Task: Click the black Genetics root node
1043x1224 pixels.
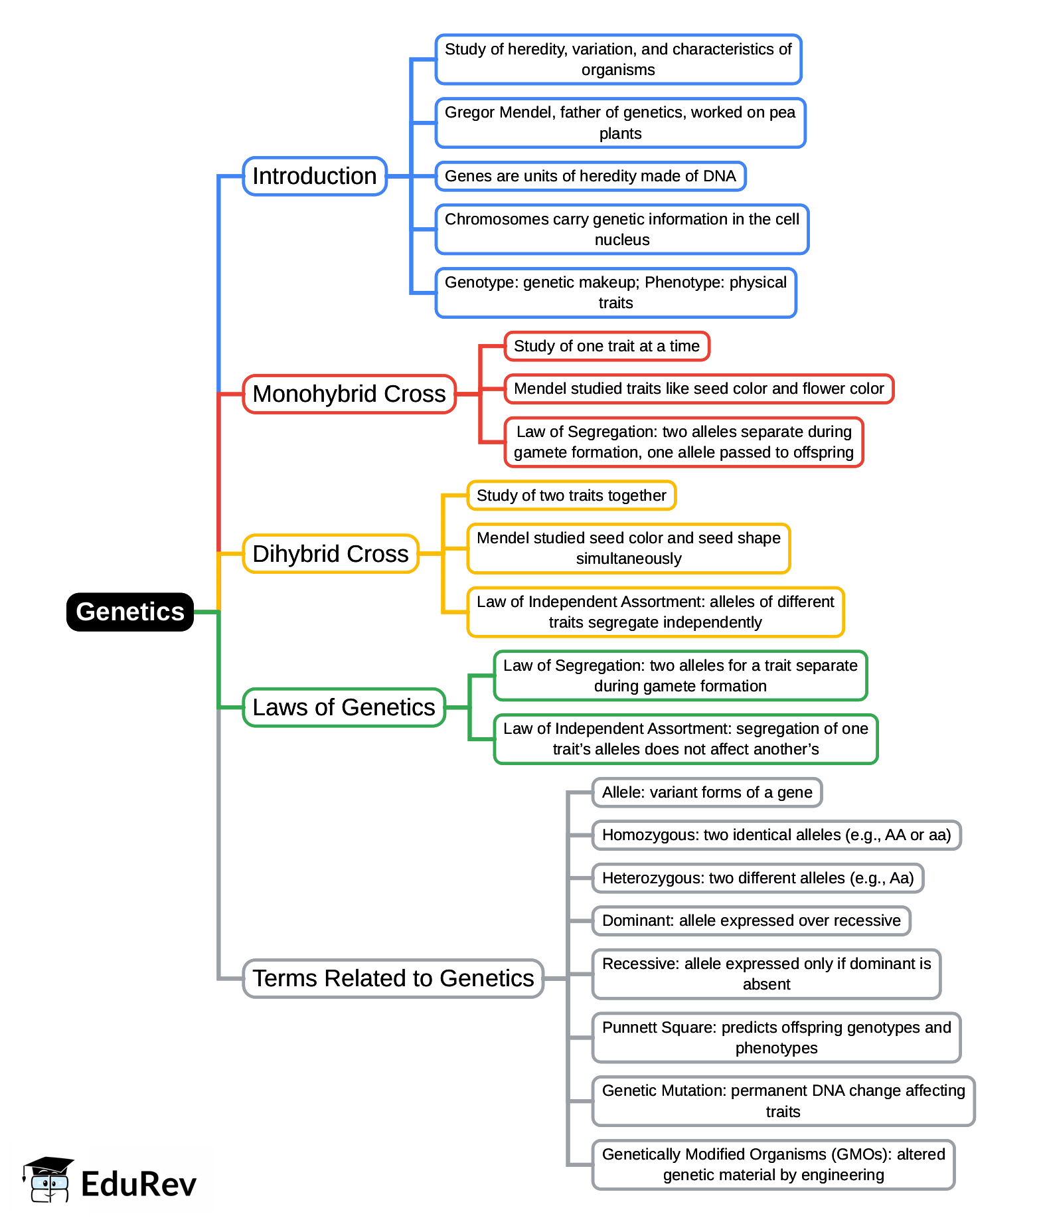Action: click(x=129, y=612)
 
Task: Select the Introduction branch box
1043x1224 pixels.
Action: click(x=315, y=176)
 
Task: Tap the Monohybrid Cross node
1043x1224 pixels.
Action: click(x=349, y=394)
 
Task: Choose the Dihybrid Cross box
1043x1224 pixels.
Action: click(x=331, y=554)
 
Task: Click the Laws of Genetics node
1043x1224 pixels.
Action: click(x=344, y=707)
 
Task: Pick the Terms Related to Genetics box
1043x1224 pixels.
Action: click(x=393, y=978)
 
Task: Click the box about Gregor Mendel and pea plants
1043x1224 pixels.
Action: click(x=620, y=123)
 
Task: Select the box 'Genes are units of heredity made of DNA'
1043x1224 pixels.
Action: click(x=590, y=176)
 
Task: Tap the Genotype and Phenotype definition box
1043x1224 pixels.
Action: click(x=615, y=293)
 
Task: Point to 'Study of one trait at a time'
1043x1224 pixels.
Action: click(x=607, y=346)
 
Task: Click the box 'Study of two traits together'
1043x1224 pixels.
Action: click(x=571, y=495)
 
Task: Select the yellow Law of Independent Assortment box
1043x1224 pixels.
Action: click(x=655, y=612)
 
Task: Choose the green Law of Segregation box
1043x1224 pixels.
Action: click(x=681, y=675)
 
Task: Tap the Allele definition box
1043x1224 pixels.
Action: click(x=707, y=792)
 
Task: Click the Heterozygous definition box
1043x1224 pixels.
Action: click(x=758, y=878)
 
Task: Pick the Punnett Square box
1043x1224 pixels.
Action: click(x=776, y=1037)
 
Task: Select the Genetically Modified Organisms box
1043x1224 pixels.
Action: click(x=773, y=1165)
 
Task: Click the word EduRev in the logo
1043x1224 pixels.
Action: click(x=139, y=1184)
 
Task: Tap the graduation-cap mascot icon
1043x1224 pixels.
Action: click(x=48, y=1180)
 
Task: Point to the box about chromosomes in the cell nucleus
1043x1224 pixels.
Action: click(x=622, y=229)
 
